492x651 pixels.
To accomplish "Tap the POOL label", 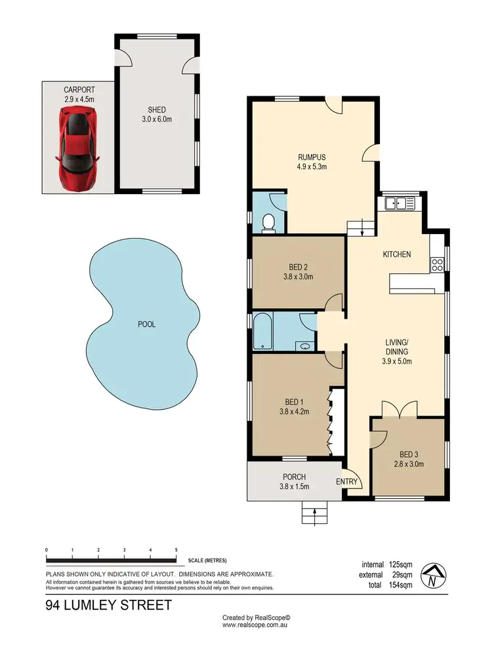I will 146,324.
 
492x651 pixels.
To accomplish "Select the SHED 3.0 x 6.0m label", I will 156,114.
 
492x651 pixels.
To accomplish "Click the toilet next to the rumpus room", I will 267,224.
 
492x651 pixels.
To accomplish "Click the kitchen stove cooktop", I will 437,265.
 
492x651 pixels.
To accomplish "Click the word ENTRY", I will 347,482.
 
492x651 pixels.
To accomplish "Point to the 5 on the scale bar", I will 176,550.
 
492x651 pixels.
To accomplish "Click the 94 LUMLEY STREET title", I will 108,604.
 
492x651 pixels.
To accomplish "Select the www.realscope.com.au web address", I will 256,625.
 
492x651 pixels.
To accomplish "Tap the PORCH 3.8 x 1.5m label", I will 294,481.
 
